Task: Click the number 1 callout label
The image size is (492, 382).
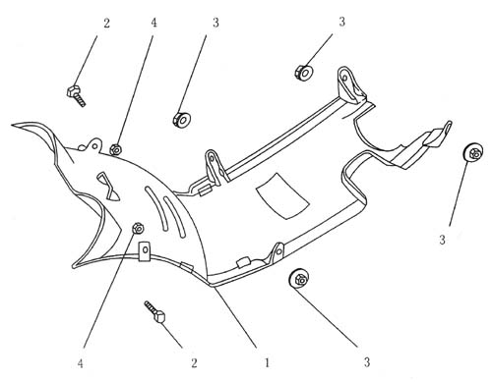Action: pyautogui.click(x=267, y=362)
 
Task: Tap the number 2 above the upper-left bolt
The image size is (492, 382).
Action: pyautogui.click(x=106, y=24)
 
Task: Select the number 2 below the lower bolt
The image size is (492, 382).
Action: pyautogui.click(x=194, y=362)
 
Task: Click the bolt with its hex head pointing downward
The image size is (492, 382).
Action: pyautogui.click(x=155, y=312)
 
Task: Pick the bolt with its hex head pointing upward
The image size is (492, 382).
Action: pyautogui.click(x=76, y=95)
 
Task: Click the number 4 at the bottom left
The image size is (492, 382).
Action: pyautogui.click(x=81, y=363)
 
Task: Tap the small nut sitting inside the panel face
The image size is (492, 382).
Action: pyautogui.click(x=138, y=228)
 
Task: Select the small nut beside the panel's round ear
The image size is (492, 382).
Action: pyautogui.click(x=115, y=149)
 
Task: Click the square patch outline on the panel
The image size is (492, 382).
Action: pyautogui.click(x=282, y=196)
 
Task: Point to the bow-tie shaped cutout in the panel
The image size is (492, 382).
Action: pyautogui.click(x=109, y=186)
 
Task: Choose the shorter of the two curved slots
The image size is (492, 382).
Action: pyautogui.click(x=174, y=217)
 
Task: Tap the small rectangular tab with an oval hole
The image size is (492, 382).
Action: pyautogui.click(x=144, y=251)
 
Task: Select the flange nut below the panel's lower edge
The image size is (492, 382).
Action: pyautogui.click(x=299, y=279)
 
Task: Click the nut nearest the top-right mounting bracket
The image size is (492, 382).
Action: pyautogui.click(x=304, y=73)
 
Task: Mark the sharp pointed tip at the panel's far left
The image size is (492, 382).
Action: pyautogui.click(x=13, y=125)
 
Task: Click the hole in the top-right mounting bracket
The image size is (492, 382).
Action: pyautogui.click(x=344, y=78)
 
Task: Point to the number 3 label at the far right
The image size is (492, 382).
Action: pyautogui.click(x=442, y=240)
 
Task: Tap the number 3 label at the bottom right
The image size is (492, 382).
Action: pyautogui.click(x=367, y=362)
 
